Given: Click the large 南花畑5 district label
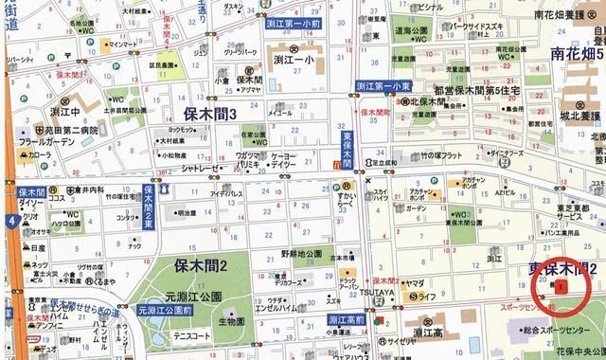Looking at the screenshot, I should (571, 53).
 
